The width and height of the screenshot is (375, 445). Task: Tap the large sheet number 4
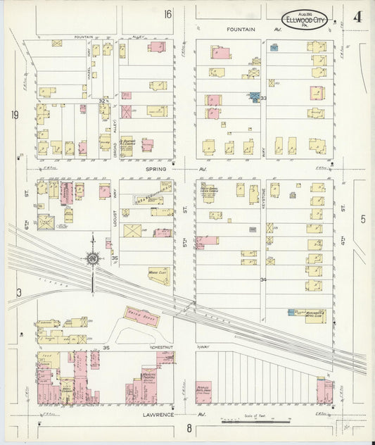(357, 17)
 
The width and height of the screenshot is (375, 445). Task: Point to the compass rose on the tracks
(91, 258)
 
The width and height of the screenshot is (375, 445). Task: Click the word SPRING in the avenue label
(156, 169)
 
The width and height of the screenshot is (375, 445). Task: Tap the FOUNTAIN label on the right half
(243, 30)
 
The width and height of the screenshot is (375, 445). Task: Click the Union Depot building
(140, 318)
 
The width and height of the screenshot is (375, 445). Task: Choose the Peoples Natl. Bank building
(204, 391)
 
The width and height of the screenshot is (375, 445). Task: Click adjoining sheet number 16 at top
(167, 13)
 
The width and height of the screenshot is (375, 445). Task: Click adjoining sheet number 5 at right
(363, 219)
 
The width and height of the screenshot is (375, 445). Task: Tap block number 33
(263, 99)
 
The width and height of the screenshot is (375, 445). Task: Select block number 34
(263, 280)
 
